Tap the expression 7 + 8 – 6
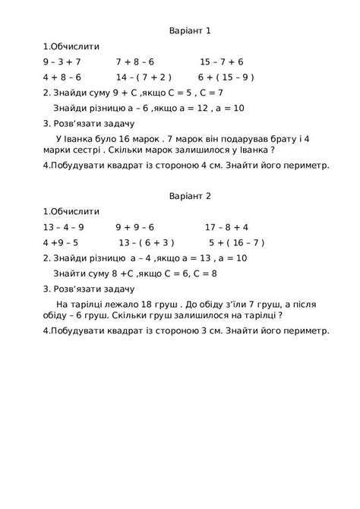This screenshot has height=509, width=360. click(x=135, y=62)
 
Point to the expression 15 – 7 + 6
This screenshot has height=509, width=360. click(x=221, y=62)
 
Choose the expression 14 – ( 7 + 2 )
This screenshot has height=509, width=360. click(x=144, y=77)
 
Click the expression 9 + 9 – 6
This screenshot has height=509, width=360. click(x=135, y=227)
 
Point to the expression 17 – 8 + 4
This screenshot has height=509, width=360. click(x=226, y=227)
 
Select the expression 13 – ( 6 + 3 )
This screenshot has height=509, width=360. click(x=147, y=243)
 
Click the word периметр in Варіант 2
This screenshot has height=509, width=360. click(x=301, y=331)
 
